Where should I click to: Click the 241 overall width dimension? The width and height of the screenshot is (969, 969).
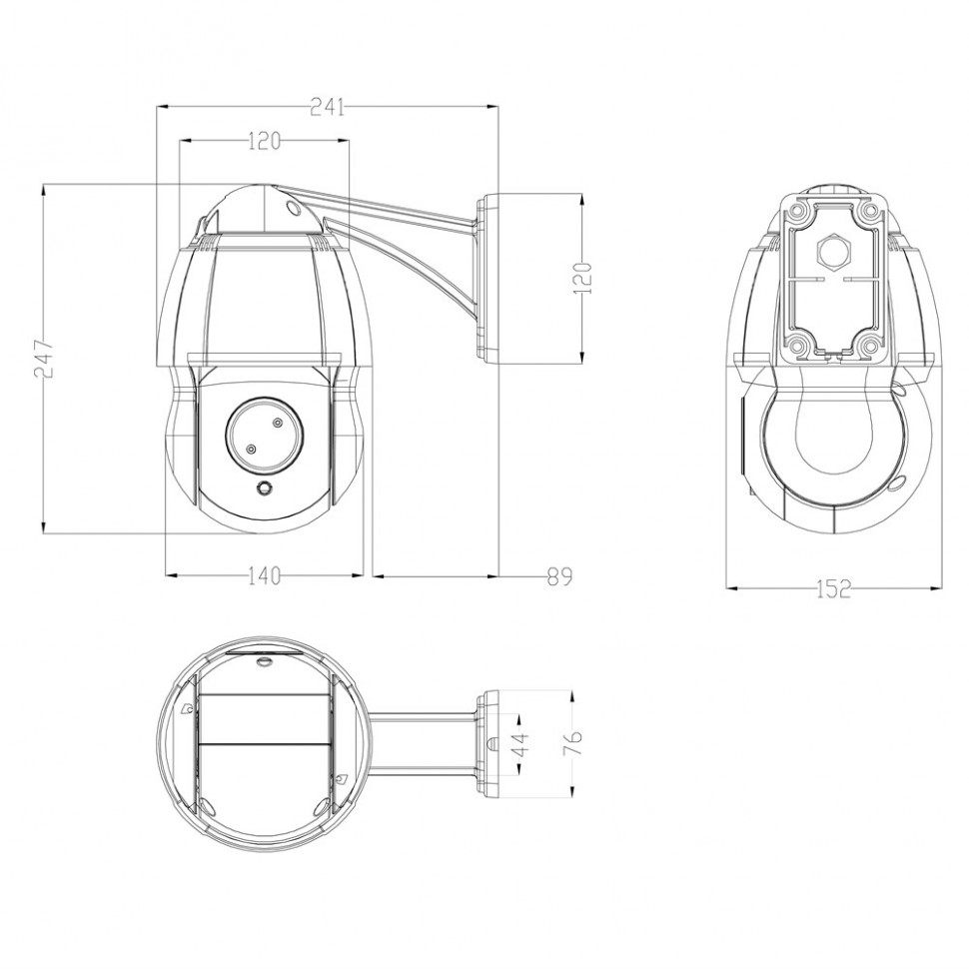327,108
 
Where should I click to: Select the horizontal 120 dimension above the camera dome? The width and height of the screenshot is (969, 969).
265,142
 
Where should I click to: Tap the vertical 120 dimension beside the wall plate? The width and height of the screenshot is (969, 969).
582,278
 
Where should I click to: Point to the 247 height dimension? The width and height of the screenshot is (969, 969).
44,358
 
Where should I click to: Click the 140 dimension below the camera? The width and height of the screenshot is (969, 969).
264,576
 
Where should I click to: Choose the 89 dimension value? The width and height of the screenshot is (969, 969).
560,576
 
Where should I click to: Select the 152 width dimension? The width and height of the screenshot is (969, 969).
834,589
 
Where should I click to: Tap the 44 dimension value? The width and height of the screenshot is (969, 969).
522,744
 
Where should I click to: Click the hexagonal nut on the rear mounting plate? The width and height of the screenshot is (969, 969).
834,252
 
